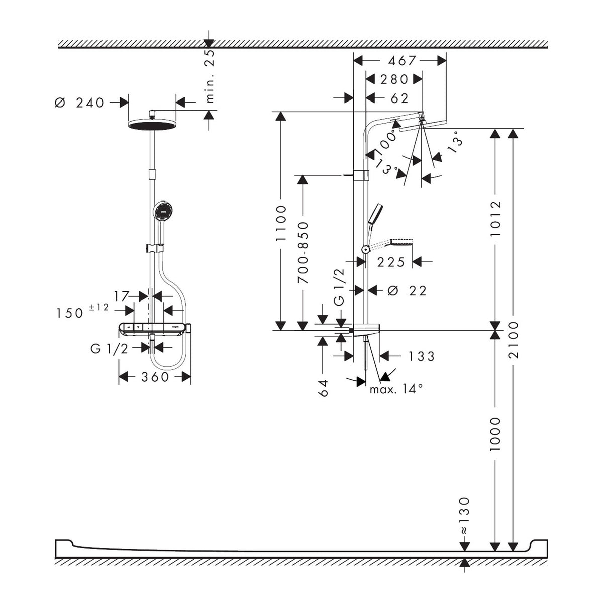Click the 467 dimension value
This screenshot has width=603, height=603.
tap(402, 61)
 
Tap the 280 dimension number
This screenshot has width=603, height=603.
tap(394, 79)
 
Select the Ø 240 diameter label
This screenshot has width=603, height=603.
tap(79, 103)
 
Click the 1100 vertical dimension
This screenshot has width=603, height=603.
tap(281, 223)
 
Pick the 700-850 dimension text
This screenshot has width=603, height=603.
tap(303, 253)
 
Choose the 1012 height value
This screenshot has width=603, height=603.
tap(495, 219)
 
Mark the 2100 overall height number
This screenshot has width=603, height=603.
tap(513, 340)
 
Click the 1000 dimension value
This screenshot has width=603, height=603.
tap(495, 434)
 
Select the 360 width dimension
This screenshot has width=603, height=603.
tap(155, 377)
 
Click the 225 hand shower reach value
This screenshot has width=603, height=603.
tap(391, 262)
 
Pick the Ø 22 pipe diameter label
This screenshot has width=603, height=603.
tap(407, 291)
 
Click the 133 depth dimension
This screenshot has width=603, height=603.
tap(422, 356)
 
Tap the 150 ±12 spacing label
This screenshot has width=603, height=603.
tap(82, 311)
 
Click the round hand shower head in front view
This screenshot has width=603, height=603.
tap(162, 210)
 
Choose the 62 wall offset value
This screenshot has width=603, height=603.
tap(399, 98)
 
